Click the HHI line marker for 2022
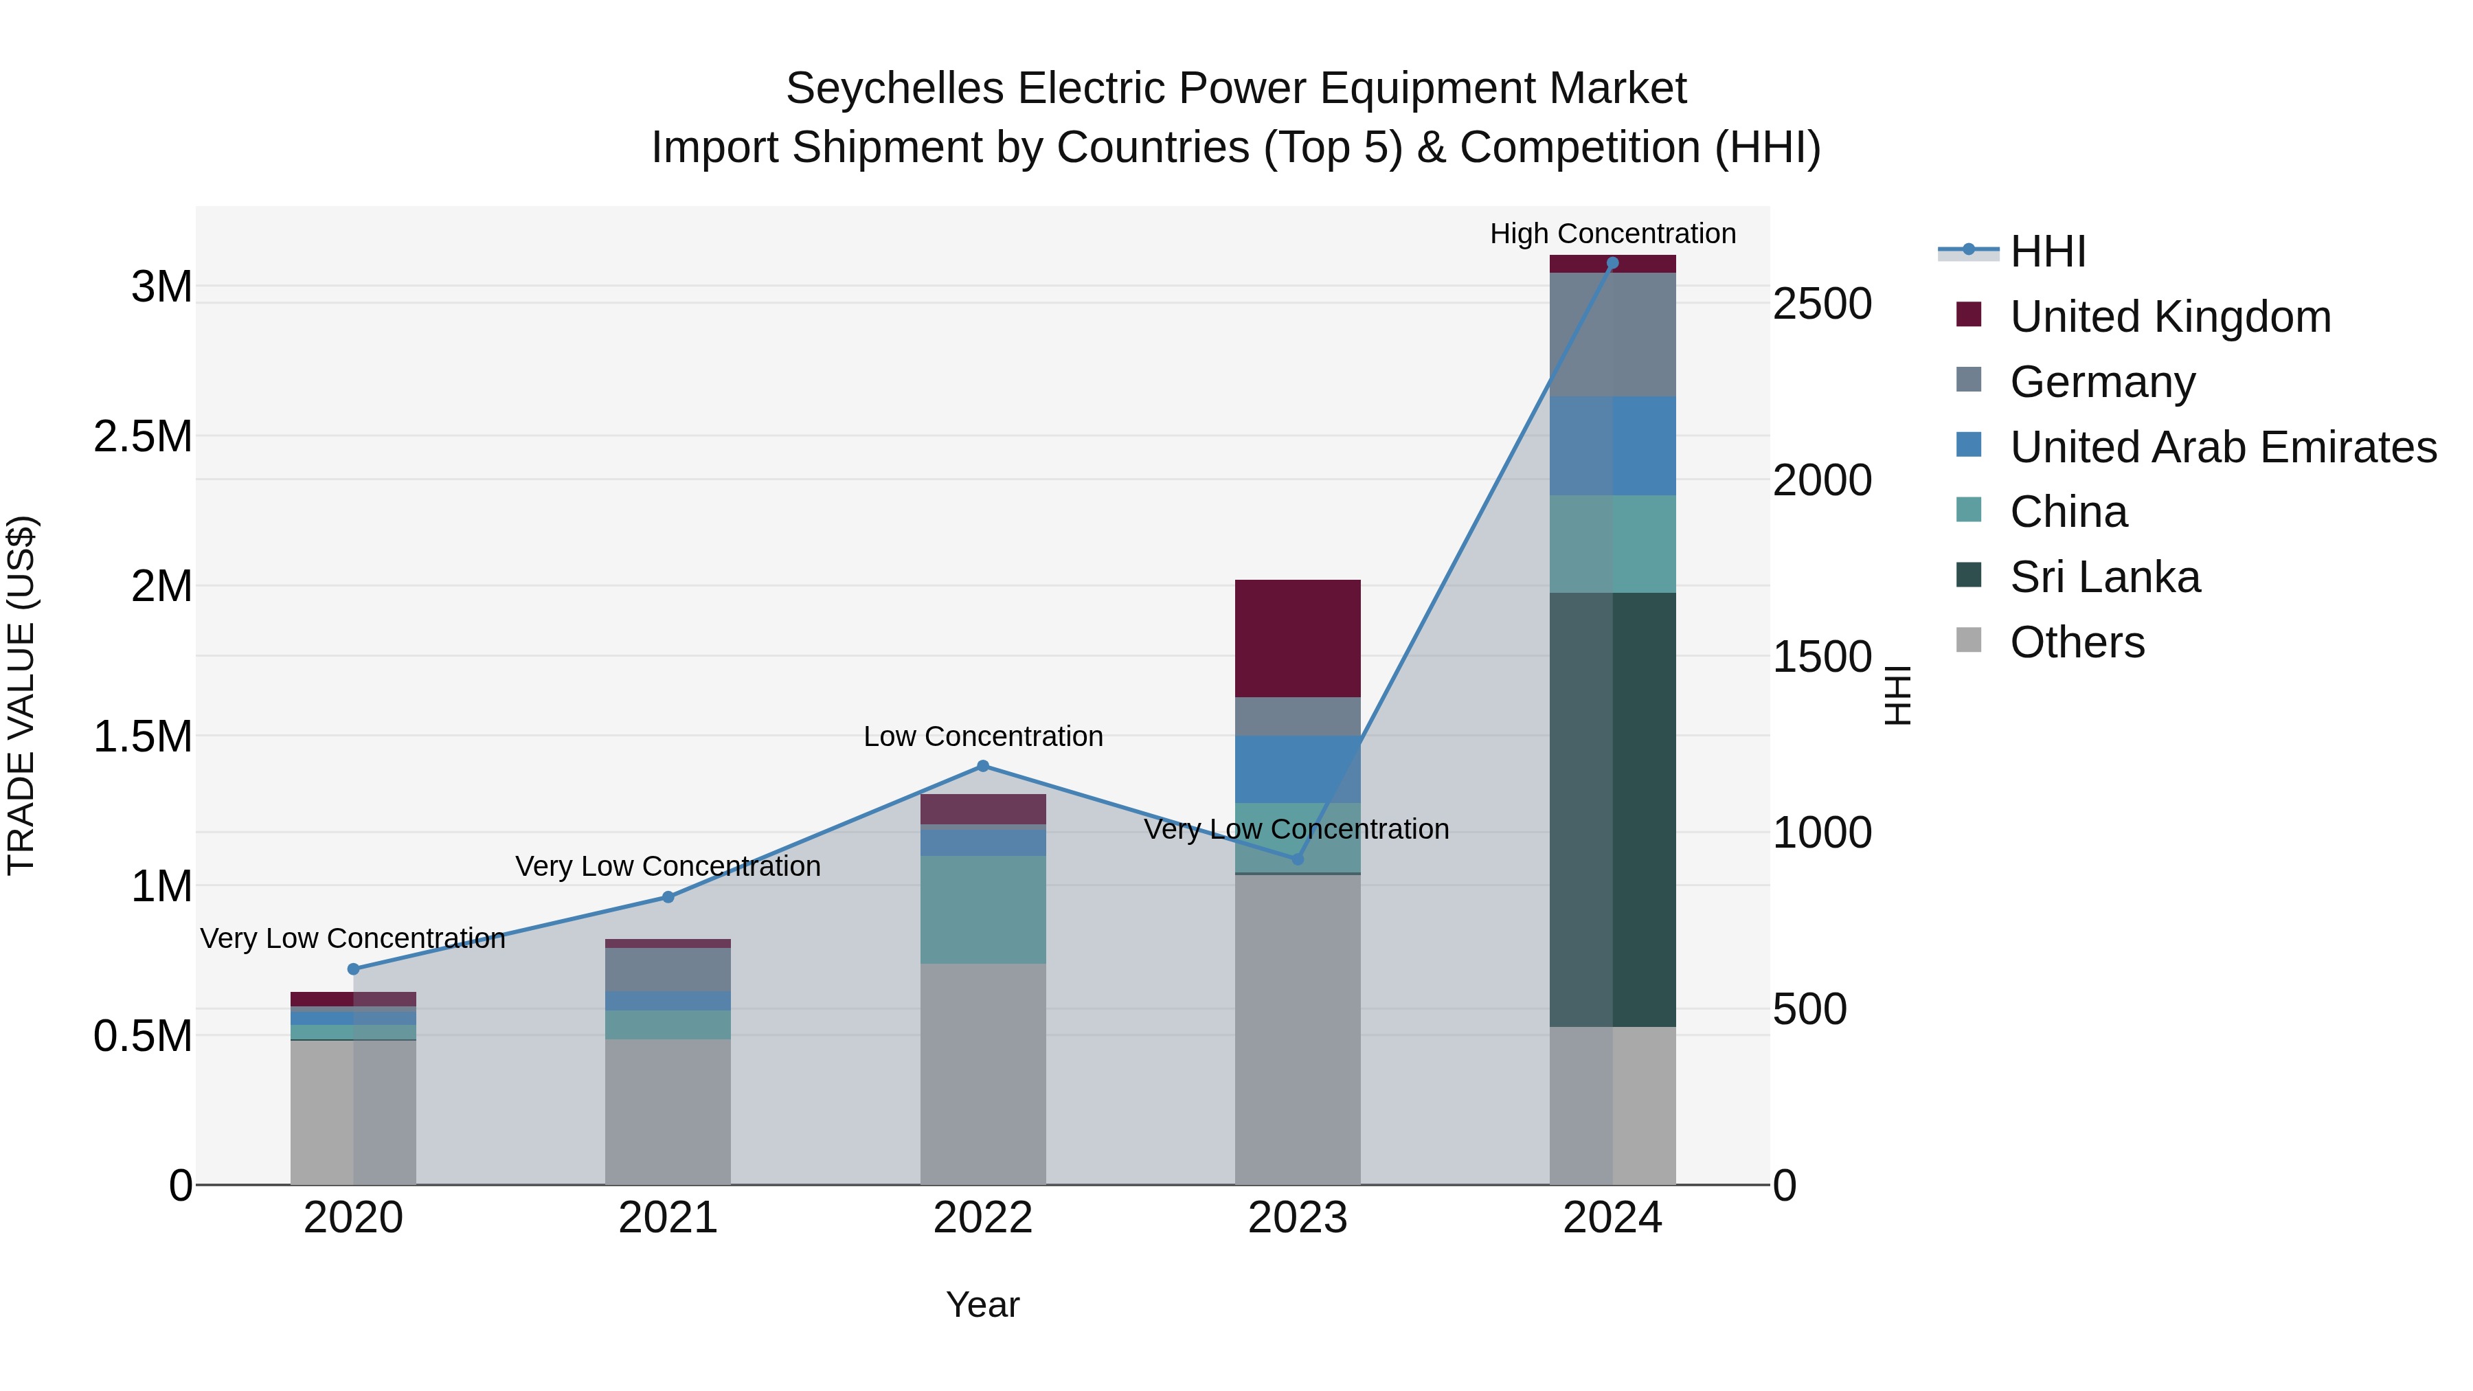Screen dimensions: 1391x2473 pos(982,766)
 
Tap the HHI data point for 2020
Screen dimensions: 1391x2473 pos(353,969)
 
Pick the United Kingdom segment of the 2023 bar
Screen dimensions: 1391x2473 pos(1297,638)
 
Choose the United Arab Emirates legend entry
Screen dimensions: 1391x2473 pos(2222,447)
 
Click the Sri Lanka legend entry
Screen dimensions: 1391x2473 pos(2104,577)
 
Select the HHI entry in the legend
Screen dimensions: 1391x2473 pos(2047,251)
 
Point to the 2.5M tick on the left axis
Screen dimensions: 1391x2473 pos(142,437)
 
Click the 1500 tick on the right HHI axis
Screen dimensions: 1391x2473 pos(1821,657)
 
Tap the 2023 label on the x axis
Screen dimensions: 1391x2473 pos(1297,1218)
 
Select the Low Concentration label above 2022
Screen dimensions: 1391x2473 pos(982,736)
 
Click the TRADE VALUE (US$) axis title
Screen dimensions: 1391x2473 pos(21,695)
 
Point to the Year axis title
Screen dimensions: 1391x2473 pos(982,1304)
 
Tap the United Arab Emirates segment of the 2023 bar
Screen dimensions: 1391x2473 pos(1297,769)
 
